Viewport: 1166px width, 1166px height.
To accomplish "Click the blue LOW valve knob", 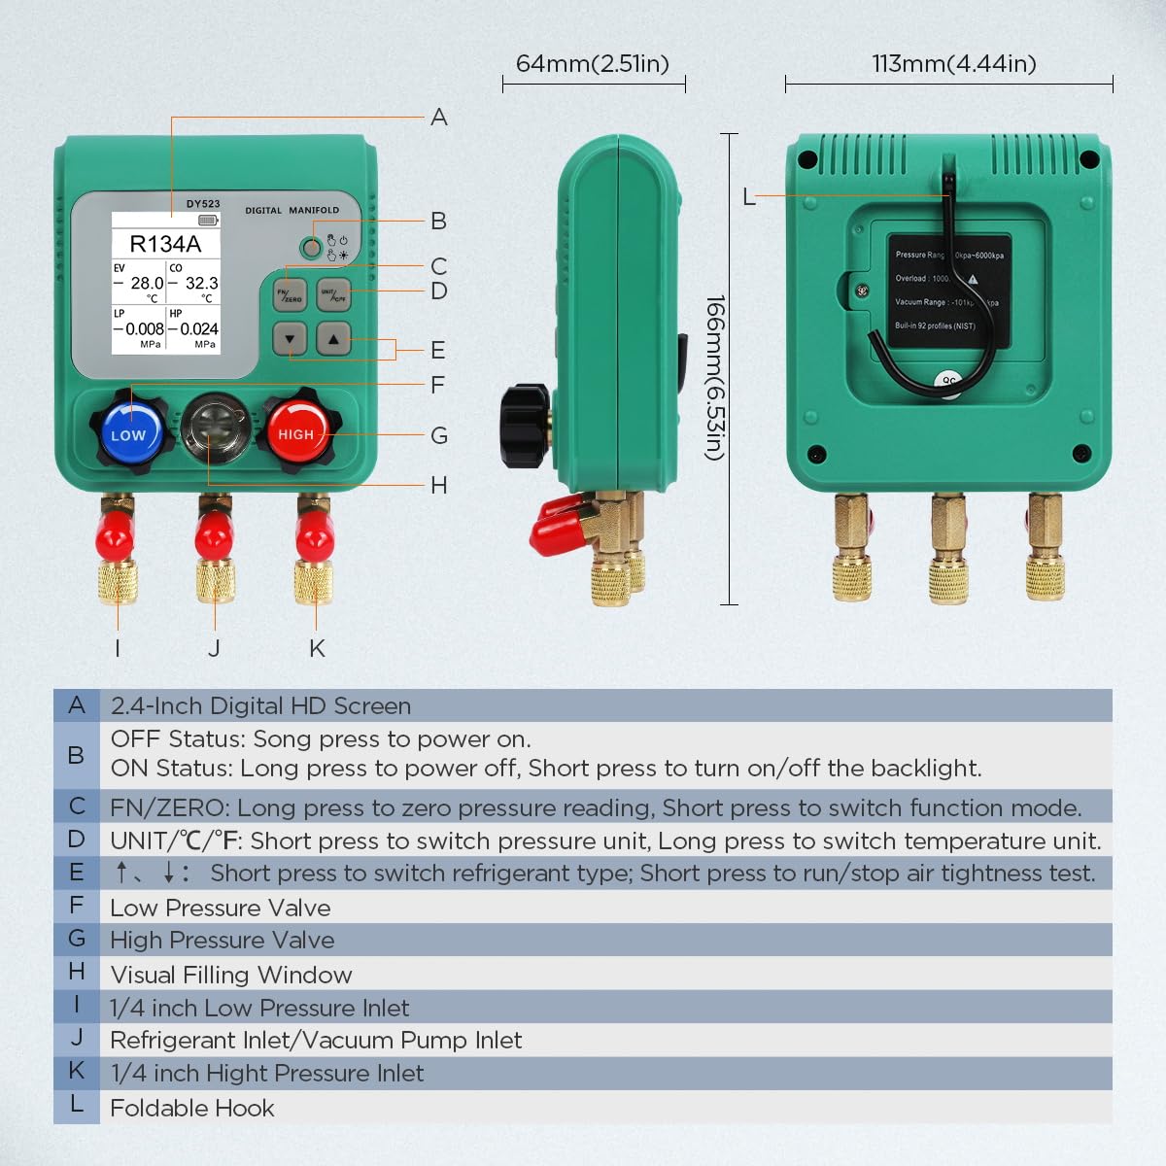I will pyautogui.click(x=129, y=432).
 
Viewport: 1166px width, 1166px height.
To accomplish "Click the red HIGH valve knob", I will pyautogui.click(x=296, y=432).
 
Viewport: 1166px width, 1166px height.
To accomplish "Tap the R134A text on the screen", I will pyautogui.click(x=165, y=244).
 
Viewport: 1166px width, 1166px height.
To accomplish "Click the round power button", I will pyautogui.click(x=311, y=247).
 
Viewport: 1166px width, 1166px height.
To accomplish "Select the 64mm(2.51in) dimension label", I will pyautogui.click(x=593, y=64).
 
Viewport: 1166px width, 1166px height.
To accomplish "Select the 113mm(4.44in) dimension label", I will pyautogui.click(x=954, y=64).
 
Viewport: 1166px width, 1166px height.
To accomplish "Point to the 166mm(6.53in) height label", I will pyautogui.click(x=715, y=378).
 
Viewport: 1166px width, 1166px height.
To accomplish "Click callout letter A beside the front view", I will pyautogui.click(x=439, y=118).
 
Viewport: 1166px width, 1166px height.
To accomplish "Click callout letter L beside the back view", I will pyautogui.click(x=748, y=197).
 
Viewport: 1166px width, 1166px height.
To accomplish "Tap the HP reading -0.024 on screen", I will pyautogui.click(x=197, y=329).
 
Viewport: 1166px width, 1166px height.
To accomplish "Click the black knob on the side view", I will pyautogui.click(x=525, y=425).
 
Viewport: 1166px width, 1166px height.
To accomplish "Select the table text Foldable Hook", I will pyautogui.click(x=192, y=1108).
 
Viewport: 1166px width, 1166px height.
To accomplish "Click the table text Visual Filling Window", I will pyautogui.click(x=231, y=975).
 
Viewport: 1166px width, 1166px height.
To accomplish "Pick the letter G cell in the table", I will pyautogui.click(x=77, y=939).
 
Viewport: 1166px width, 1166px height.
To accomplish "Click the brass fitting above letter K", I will pyautogui.click(x=314, y=581).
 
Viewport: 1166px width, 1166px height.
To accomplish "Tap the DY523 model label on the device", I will pyautogui.click(x=203, y=204).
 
